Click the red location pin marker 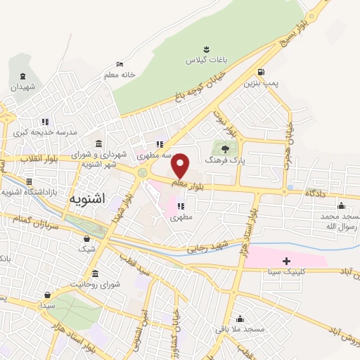click(181, 165)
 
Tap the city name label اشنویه click(87, 199)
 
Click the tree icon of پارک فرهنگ click(224, 148)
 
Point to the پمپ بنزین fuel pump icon click(261, 72)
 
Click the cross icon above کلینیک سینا click(286, 262)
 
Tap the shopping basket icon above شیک click(87, 239)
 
